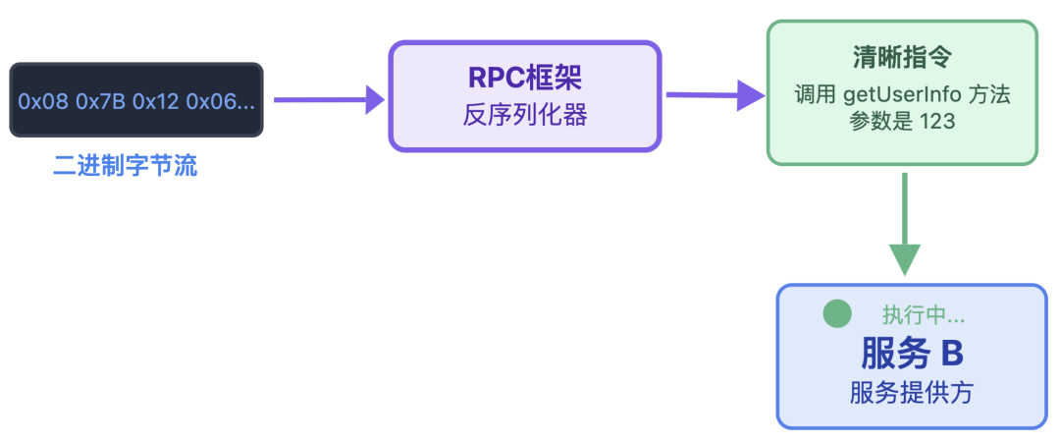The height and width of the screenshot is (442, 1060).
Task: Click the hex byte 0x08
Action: tap(43, 100)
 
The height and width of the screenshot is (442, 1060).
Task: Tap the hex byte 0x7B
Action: tap(100, 100)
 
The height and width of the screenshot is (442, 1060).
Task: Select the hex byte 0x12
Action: tap(156, 100)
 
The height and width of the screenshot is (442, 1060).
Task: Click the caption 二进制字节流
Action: tap(125, 166)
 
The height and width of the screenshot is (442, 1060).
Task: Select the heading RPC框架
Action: tap(524, 78)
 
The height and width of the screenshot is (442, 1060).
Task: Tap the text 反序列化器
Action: tap(524, 115)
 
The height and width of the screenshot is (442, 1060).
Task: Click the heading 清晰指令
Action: tap(901, 58)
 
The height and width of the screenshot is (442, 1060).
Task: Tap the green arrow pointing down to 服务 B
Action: tap(904, 225)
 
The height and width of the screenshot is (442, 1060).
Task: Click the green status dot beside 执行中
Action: tap(836, 314)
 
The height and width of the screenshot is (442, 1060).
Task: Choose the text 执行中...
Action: tap(922, 315)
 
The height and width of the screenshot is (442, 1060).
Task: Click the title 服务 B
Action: tap(912, 352)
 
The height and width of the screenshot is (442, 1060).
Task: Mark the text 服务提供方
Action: tap(912, 393)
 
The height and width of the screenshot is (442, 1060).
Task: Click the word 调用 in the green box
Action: tap(813, 96)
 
